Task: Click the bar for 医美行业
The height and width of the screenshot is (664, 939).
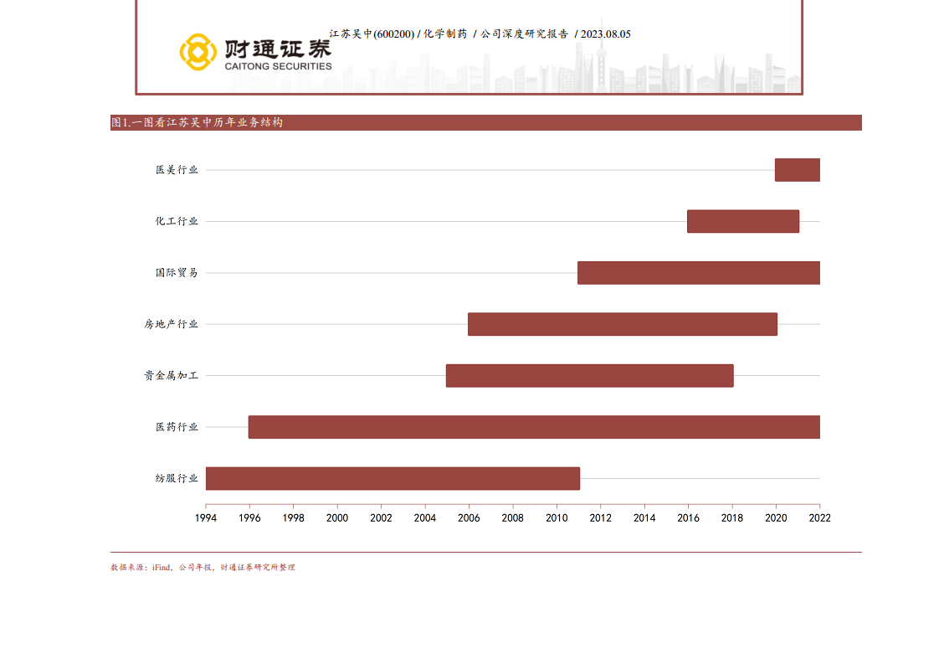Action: (797, 170)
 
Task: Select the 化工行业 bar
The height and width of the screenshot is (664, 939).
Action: (743, 221)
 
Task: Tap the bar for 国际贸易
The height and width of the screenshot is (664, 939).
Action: (698, 273)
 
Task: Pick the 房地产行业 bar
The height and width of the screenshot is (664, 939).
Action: (622, 324)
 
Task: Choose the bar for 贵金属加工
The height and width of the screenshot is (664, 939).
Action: (589, 376)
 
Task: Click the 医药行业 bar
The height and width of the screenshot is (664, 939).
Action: (534, 427)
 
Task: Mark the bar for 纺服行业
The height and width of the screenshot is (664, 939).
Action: (393, 478)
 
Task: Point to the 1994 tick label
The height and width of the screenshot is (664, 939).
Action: (206, 518)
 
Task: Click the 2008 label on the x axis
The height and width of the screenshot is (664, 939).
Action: (513, 518)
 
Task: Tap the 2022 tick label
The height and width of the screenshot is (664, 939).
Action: (819, 518)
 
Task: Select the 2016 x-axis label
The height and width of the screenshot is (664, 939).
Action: (688, 518)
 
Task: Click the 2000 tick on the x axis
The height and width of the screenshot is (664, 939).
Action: (337, 518)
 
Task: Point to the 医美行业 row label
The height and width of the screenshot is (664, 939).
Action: (177, 170)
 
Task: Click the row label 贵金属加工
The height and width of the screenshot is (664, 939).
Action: (171, 376)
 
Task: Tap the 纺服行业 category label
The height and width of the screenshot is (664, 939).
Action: (177, 478)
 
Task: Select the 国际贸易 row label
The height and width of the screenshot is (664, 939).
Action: (177, 273)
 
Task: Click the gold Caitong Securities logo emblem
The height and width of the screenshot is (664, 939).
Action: (198, 52)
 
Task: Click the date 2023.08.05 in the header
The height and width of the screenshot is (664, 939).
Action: (605, 34)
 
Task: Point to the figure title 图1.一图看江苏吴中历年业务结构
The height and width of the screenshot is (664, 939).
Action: (198, 123)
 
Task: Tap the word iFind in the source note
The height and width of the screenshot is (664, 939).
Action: (161, 568)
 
